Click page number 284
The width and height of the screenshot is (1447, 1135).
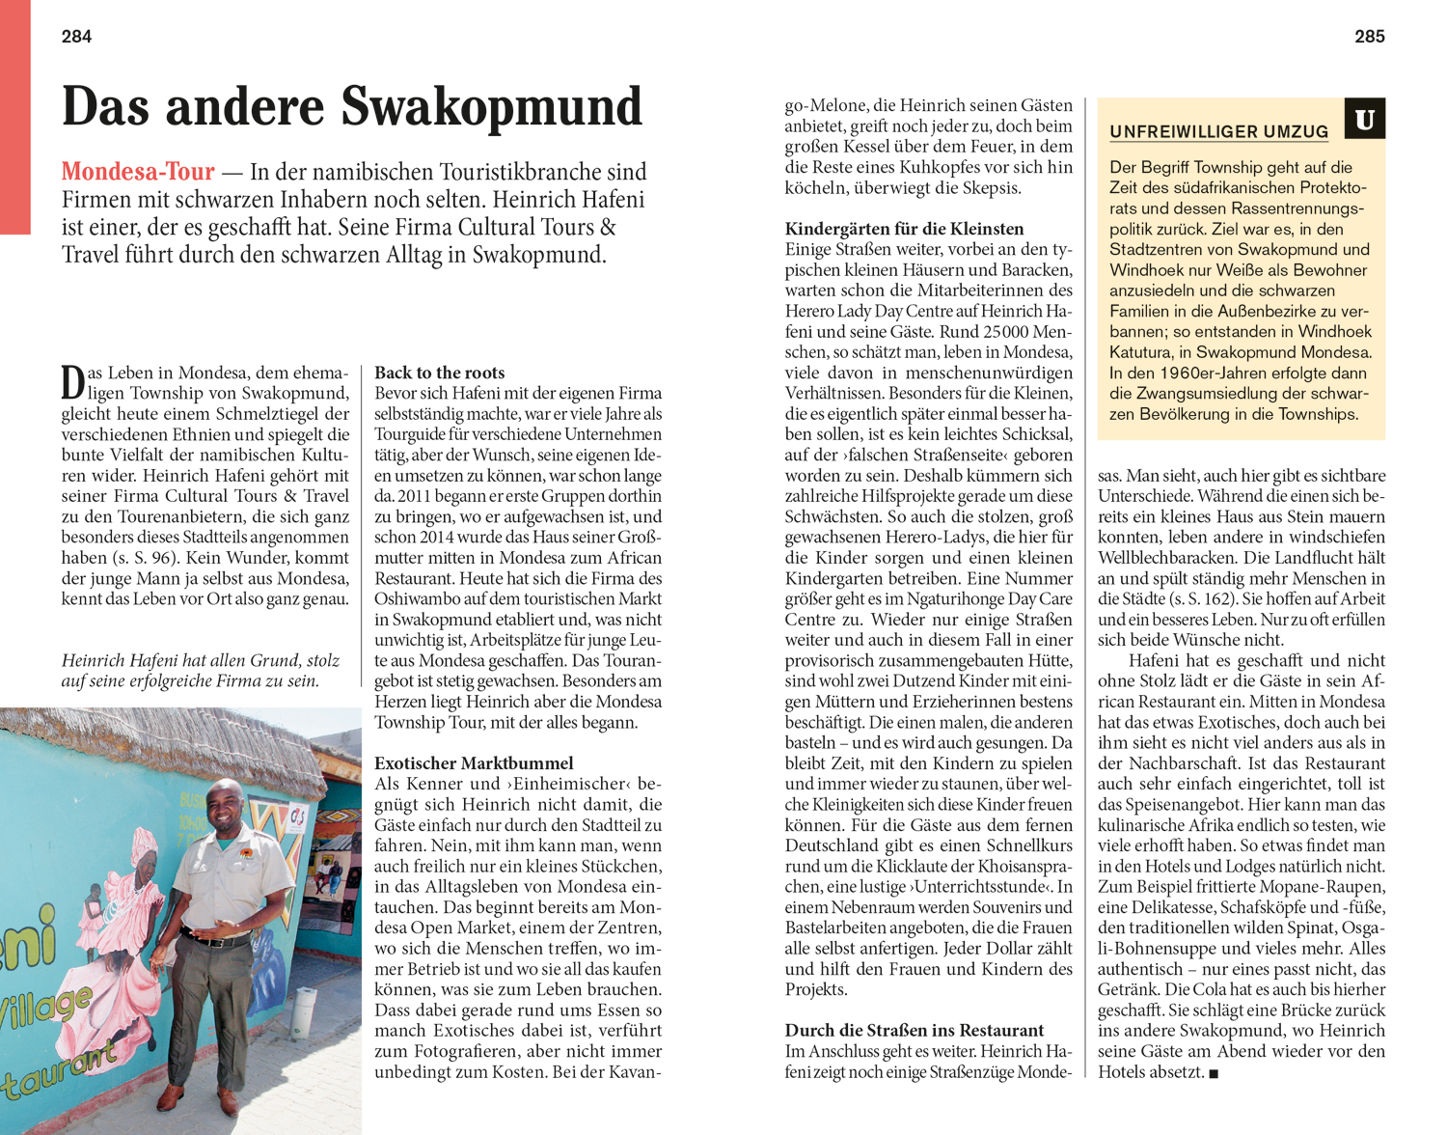pos(76,37)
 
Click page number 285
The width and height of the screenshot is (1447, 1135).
pos(1369,37)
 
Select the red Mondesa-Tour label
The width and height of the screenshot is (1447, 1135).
pos(138,172)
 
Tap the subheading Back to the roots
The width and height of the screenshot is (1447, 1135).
pos(439,373)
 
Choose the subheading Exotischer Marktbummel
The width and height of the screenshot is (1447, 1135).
pos(474,763)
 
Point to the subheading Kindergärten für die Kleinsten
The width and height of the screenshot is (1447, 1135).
pos(904,229)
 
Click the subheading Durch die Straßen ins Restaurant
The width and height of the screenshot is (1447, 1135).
pos(914,1031)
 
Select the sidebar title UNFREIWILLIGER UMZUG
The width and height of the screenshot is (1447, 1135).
pos(1218,132)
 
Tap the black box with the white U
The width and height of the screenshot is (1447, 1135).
pos(1364,120)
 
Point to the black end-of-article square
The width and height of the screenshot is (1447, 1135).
pos(1214,1074)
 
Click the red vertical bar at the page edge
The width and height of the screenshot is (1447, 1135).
pos(14,116)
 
